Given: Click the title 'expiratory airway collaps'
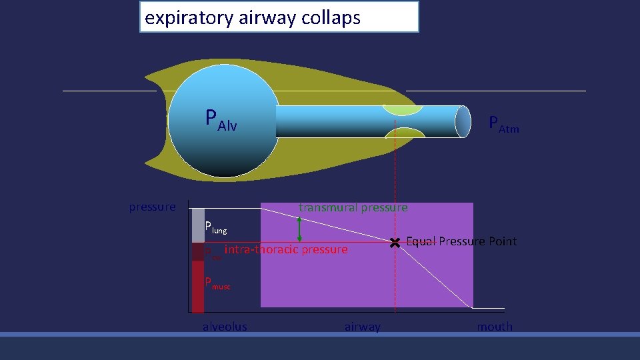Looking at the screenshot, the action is pyautogui.click(x=253, y=17).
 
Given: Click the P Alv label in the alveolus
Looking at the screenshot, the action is pyautogui.click(x=221, y=120).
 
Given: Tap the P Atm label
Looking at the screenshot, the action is pyautogui.click(x=503, y=124).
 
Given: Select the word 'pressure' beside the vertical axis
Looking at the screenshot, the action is pyautogui.click(x=152, y=207).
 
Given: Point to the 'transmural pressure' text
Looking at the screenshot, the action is pyautogui.click(x=353, y=208).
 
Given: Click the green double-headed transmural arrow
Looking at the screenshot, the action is pyautogui.click(x=299, y=228).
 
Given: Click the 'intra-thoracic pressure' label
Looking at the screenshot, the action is pyautogui.click(x=286, y=250).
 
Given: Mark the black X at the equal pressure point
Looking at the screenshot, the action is pyautogui.click(x=395, y=243).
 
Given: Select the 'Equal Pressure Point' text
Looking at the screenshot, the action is pyautogui.click(x=461, y=241).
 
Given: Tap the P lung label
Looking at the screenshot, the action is pyautogui.click(x=215, y=227).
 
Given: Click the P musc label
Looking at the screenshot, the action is pyautogui.click(x=217, y=283).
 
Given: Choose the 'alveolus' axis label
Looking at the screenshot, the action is pyautogui.click(x=225, y=327).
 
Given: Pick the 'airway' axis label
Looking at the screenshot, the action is pyautogui.click(x=363, y=327).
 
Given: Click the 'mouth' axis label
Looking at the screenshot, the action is pyautogui.click(x=495, y=327).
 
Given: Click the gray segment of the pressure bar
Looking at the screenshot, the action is pyautogui.click(x=198, y=225).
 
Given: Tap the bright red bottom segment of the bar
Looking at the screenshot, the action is pyautogui.click(x=198, y=287).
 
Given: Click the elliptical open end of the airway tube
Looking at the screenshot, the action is pyautogui.click(x=463, y=121).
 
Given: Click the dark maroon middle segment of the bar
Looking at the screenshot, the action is pyautogui.click(x=198, y=252).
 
